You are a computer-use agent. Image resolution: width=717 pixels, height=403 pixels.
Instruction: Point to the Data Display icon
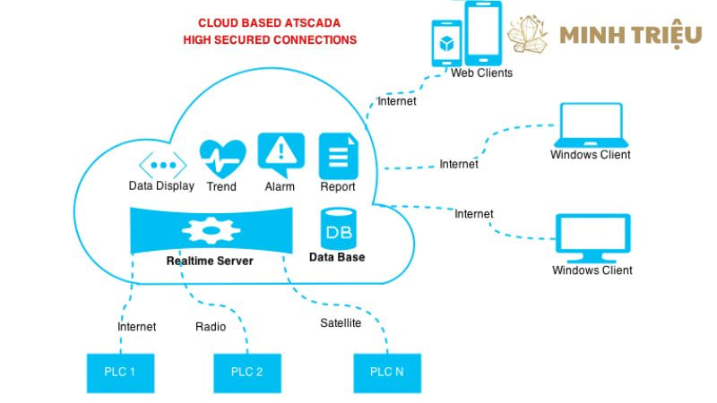162,164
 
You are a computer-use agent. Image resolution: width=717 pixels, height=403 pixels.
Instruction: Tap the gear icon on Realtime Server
211,231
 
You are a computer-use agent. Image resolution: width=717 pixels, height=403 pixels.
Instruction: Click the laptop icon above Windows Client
591,124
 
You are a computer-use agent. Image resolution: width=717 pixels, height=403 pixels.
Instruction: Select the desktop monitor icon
592,236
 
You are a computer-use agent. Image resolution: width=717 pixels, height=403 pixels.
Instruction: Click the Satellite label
341,322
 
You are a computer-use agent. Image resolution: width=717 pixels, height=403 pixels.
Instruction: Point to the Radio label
211,327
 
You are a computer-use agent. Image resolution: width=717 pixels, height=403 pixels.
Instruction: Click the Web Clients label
481,73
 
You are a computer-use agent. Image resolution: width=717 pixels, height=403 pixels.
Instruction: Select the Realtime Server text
210,262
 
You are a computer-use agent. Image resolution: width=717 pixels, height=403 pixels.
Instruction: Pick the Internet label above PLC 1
136,327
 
